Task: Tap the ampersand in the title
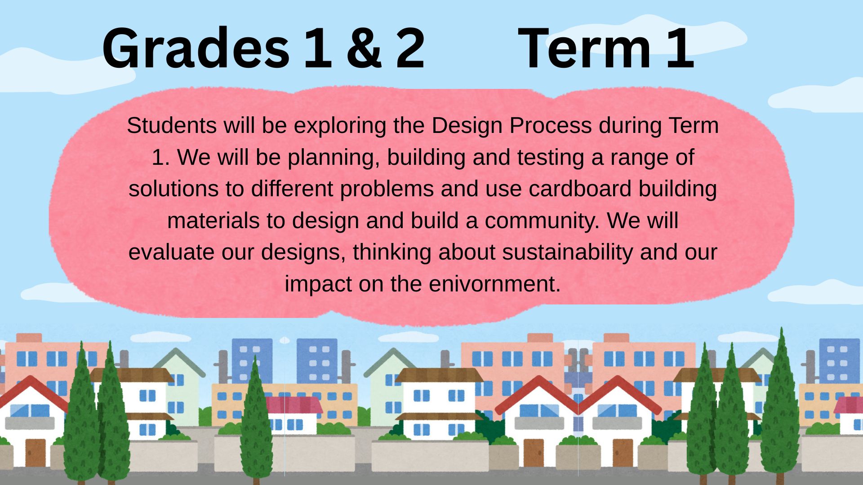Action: point(364,48)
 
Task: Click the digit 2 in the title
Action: point(410,48)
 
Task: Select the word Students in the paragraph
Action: point(172,125)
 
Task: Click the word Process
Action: point(550,125)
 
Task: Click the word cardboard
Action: point(580,189)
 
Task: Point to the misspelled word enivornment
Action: point(495,284)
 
